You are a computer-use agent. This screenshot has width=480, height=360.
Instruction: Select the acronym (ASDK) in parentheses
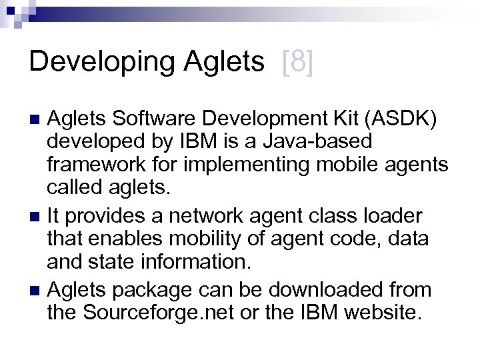pyautogui.click(x=382, y=121)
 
